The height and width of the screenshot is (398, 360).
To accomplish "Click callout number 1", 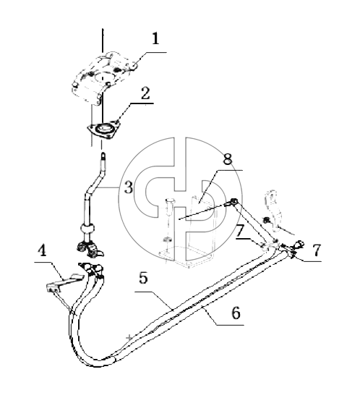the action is pos(155,39).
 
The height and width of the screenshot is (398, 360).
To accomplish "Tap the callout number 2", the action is pos(145,93).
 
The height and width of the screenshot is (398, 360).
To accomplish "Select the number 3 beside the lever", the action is pos(129,187).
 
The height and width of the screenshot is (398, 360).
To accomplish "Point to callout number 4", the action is pos(42,250).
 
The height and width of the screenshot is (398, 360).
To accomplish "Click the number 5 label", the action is pos(143,278).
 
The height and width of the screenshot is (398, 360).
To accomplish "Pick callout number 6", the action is pos(236,313).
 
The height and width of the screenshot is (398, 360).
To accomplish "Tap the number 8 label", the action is pos(228,159).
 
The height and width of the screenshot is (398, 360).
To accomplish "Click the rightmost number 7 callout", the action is pos(317,250).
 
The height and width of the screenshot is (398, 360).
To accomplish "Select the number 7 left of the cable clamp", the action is pos(240,231).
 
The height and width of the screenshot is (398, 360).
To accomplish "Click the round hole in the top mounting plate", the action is pos(103,77).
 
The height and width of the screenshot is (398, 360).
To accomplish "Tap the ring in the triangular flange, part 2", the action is pos(104,129).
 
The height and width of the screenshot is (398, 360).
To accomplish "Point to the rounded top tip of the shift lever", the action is pos(103,153).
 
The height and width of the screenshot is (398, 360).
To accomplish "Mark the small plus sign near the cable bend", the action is pos(129,337).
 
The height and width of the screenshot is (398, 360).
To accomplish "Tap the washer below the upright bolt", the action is pos(167,239).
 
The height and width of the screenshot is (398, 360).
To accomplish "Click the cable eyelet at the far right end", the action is pos(299,244).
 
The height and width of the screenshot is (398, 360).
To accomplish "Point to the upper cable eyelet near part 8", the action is pos(233,203).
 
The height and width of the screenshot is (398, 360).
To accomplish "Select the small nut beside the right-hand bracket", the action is pos(266,219).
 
